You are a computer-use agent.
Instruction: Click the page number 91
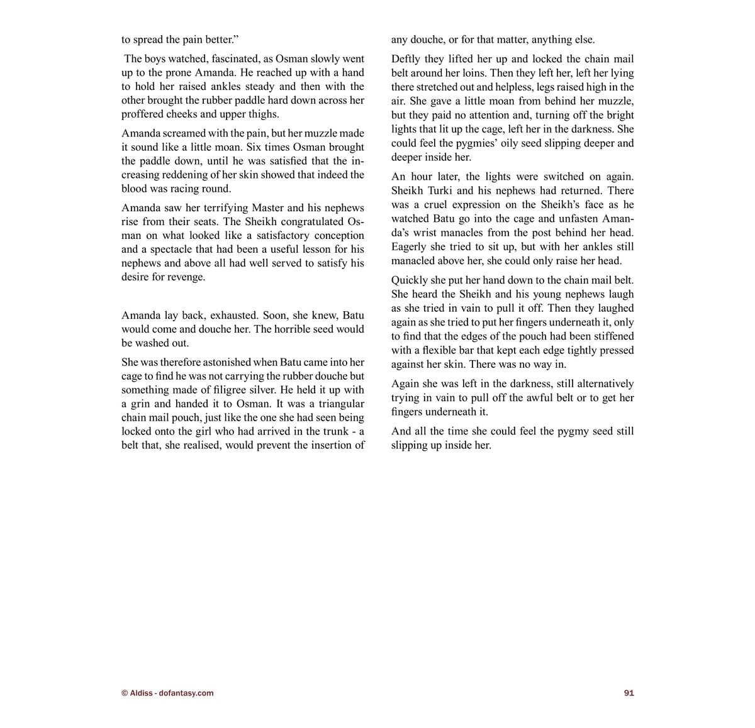click(x=629, y=693)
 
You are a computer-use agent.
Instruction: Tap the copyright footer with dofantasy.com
click(x=167, y=693)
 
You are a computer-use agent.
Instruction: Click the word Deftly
click(x=406, y=59)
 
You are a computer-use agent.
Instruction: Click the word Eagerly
click(x=409, y=246)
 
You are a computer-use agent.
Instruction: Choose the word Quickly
click(x=410, y=280)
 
